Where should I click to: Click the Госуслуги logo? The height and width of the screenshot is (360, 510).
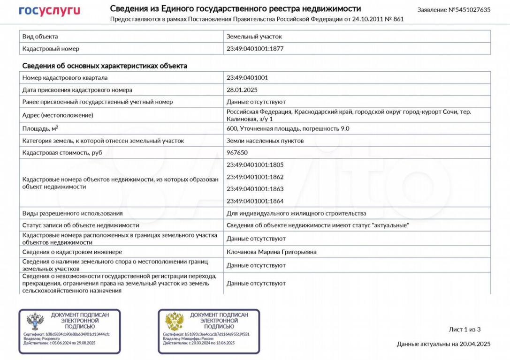pyautogui.click(x=49, y=11)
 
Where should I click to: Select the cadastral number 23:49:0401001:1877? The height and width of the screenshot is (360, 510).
pyautogui.click(x=255, y=49)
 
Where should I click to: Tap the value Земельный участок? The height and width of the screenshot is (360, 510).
pyautogui.click(x=254, y=37)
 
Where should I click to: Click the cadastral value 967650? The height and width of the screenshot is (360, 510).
pyautogui.click(x=237, y=153)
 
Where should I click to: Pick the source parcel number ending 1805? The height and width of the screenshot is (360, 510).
pyautogui.click(x=255, y=165)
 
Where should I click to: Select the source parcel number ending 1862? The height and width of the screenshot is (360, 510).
pyautogui.click(x=255, y=177)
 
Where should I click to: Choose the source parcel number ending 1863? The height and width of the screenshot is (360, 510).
pyautogui.click(x=255, y=189)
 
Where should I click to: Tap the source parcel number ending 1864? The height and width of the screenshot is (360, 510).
pyautogui.click(x=255, y=202)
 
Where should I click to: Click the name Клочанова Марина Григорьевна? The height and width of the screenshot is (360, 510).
pyautogui.click(x=271, y=252)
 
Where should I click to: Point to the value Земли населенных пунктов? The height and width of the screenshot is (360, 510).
pyautogui.click(x=265, y=141)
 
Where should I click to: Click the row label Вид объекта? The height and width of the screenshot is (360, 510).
pyautogui.click(x=40, y=37)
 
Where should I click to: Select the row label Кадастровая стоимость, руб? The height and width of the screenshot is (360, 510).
pyautogui.click(x=62, y=153)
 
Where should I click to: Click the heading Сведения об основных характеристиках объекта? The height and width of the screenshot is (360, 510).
pyautogui.click(x=105, y=66)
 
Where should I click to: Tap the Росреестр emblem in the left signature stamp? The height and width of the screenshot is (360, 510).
pyautogui.click(x=35, y=322)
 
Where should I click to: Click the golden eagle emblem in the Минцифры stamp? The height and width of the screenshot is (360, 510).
pyautogui.click(x=175, y=322)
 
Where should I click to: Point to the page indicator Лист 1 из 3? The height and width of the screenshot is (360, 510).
pyautogui.click(x=464, y=330)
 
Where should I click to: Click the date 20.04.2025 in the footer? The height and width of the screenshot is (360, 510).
pyautogui.click(x=475, y=344)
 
